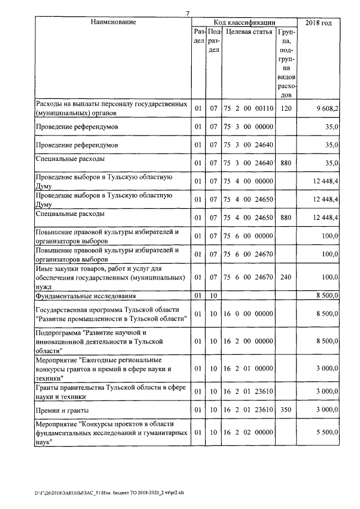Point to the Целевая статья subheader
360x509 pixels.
point(249,32)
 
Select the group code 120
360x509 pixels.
point(286,109)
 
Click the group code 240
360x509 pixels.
point(286,277)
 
